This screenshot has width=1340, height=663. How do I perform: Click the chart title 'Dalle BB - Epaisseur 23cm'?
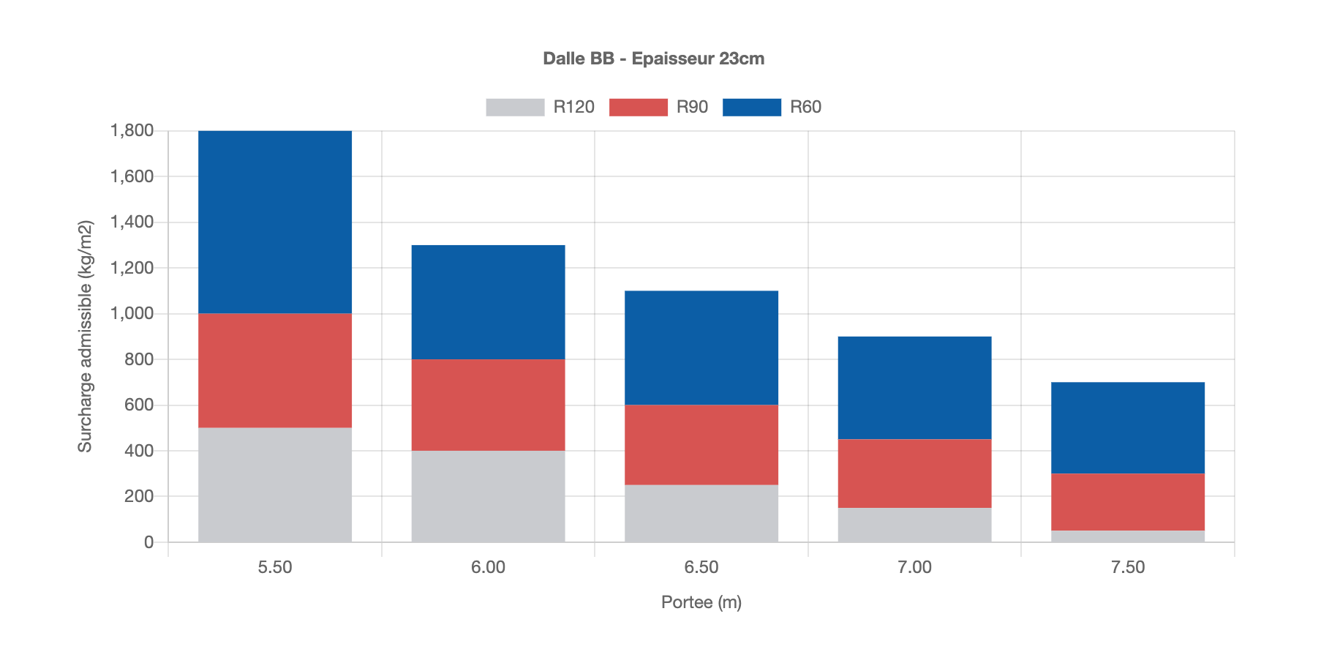pyautogui.click(x=653, y=59)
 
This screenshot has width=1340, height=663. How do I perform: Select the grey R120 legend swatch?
pyautogui.click(x=515, y=107)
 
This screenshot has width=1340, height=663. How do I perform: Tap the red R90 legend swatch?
pyautogui.click(x=638, y=107)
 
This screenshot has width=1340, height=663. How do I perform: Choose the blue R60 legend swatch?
pyautogui.click(x=751, y=107)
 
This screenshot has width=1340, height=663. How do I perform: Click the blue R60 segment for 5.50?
pyautogui.click(x=275, y=222)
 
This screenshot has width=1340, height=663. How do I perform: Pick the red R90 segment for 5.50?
pyautogui.click(x=275, y=370)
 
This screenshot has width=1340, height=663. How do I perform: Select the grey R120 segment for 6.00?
pyautogui.click(x=488, y=496)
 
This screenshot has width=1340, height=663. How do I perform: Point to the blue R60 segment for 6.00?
pyautogui.click(x=488, y=301)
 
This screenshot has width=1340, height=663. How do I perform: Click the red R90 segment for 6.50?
pyautogui.click(x=701, y=444)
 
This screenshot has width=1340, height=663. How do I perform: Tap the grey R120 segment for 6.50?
pyautogui.click(x=701, y=513)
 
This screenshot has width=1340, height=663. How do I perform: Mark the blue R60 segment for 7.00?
pyautogui.click(x=914, y=387)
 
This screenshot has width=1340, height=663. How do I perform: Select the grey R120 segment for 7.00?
pyautogui.click(x=914, y=525)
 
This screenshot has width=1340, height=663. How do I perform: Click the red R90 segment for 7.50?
pyautogui.click(x=1128, y=501)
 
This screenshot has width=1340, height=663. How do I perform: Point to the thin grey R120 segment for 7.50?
pyautogui.click(x=1128, y=536)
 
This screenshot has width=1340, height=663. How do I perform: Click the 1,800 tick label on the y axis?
pyautogui.click(x=132, y=131)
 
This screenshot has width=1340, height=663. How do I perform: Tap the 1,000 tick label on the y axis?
pyautogui.click(x=132, y=313)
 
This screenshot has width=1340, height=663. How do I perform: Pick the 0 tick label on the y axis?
pyautogui.click(x=148, y=542)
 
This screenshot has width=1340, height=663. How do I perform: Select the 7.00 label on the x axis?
pyautogui.click(x=914, y=567)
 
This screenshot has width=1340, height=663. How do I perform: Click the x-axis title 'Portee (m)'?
pyautogui.click(x=701, y=602)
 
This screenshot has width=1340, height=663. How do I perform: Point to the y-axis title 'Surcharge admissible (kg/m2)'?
pyautogui.click(x=86, y=337)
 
